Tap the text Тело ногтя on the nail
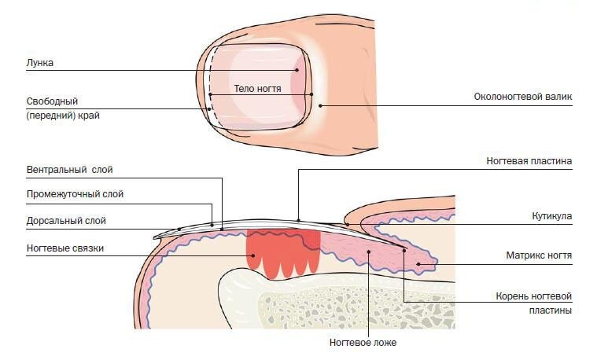pos(257,89)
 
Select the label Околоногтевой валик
pos(522,97)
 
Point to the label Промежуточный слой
pos(75,194)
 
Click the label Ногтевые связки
pos(64,248)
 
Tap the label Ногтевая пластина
pos(529,161)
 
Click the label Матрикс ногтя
pos(539,255)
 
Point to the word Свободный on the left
pos(52,101)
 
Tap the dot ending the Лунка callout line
pos(297,71)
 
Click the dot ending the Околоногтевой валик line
pos(320,105)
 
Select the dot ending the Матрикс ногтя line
pos(418,264)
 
